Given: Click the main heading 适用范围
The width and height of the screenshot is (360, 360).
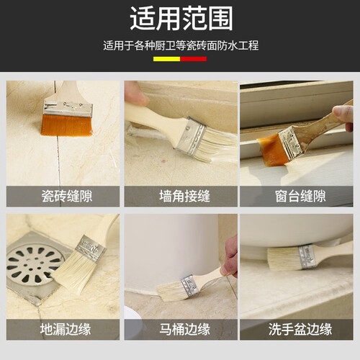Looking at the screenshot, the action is click(x=181, y=18).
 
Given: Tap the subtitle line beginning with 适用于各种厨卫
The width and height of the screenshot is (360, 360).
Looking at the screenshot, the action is click(x=181, y=45).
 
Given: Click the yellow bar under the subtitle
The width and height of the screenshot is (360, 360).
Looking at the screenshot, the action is click(x=166, y=59).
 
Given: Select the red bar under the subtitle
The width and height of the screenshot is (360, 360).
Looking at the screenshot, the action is click(x=194, y=59).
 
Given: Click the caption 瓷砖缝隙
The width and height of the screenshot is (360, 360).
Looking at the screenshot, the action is click(x=67, y=196).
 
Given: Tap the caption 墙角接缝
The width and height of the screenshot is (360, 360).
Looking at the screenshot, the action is click(x=184, y=196).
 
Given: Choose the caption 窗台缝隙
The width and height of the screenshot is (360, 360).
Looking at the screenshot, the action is click(x=300, y=196).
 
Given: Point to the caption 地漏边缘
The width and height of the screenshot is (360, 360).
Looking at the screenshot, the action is click(x=66, y=329).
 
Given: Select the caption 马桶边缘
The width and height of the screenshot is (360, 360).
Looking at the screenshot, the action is click(x=184, y=329).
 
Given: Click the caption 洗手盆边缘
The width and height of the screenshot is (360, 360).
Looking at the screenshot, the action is click(x=300, y=329).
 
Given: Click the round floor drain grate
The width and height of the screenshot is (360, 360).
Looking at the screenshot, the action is click(x=34, y=265).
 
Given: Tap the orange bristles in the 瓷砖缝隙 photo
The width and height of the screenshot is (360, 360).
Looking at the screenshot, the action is click(x=66, y=125).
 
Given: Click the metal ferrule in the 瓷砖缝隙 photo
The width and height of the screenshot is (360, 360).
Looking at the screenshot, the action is click(x=68, y=109).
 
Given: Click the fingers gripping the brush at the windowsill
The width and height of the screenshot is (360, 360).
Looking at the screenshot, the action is click(x=344, y=117).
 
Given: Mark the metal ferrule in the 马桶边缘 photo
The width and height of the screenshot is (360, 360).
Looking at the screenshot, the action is click(x=190, y=286).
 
